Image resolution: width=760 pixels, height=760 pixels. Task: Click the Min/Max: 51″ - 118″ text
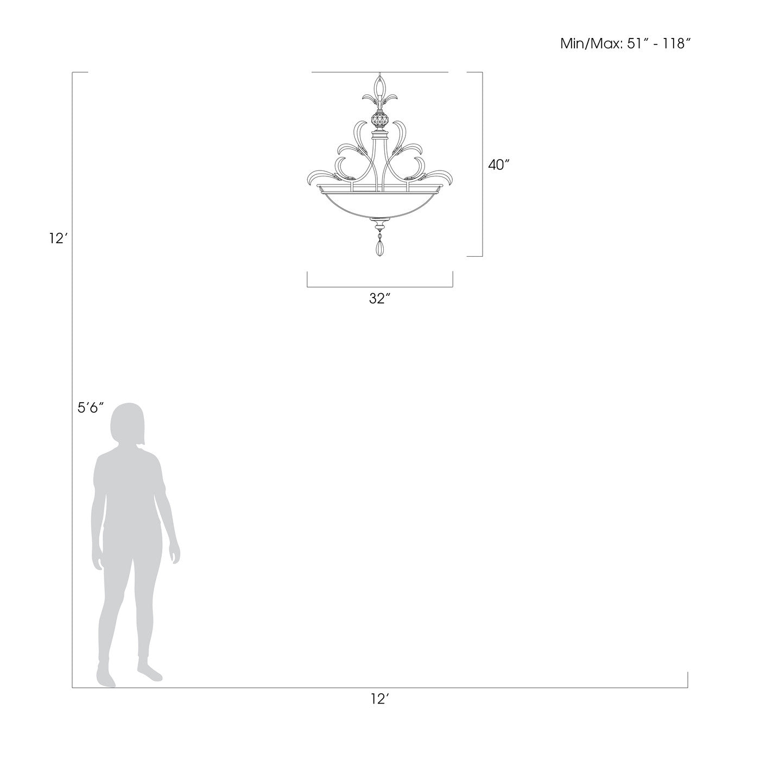(x=625, y=43)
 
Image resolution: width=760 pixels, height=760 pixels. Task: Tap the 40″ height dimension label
(x=499, y=165)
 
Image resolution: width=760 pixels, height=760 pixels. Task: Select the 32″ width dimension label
(x=379, y=299)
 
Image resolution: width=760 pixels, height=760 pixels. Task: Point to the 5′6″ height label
(x=91, y=408)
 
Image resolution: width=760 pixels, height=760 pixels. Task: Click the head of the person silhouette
(x=128, y=424)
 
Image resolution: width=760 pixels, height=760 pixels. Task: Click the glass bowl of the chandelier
(x=380, y=205)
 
